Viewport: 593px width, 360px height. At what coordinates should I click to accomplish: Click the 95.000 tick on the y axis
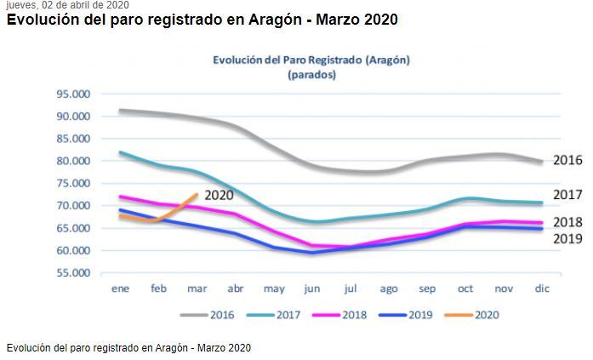coord(74,94)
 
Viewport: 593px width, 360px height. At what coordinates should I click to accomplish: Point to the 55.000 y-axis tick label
coord(74,273)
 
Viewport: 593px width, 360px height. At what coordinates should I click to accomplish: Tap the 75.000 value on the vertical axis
coord(74,183)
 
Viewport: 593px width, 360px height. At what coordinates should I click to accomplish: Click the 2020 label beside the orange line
coord(219,195)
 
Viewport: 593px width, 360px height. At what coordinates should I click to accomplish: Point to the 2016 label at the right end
coord(567,160)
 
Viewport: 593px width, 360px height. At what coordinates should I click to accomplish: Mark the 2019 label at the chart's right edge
coord(567,238)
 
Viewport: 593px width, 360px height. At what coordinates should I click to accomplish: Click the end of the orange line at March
coord(197,195)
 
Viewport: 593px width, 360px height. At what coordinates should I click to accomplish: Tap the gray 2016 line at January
coord(120,111)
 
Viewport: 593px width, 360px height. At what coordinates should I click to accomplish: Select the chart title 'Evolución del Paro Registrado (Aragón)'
coord(311,60)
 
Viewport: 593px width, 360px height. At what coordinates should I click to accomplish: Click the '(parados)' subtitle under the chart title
coord(311,74)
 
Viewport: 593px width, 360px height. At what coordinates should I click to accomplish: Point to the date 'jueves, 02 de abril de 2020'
coord(67,4)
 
